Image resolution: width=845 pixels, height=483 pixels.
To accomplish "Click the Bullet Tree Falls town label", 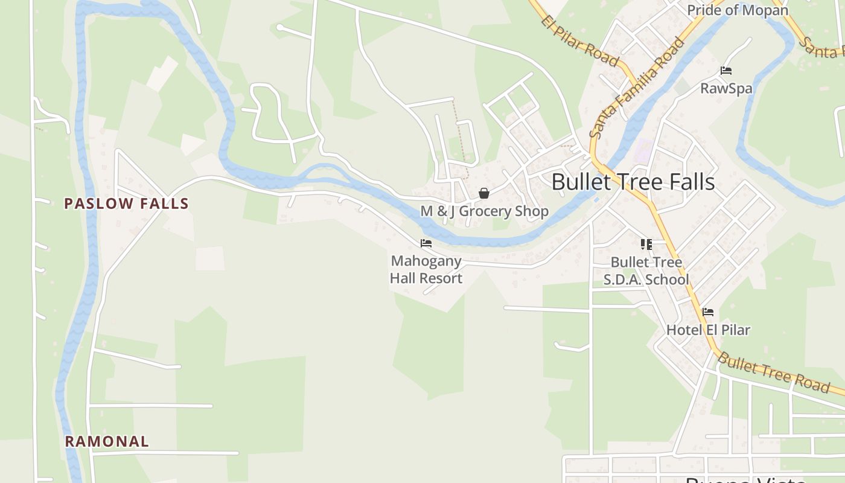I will tap(633, 182).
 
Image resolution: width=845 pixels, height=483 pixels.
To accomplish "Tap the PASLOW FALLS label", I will tap(127, 203).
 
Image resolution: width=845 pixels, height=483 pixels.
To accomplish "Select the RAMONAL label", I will tap(107, 441).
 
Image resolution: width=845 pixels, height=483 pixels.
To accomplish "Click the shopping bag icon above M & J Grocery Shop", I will tap(484, 193).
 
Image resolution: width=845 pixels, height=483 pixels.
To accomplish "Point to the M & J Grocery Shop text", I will tap(484, 211).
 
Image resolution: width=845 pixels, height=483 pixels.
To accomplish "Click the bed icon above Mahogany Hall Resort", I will tap(426, 243).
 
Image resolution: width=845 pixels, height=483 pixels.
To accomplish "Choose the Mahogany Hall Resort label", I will tap(426, 269).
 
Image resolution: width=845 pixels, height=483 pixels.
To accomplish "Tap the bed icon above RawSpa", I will tap(726, 71).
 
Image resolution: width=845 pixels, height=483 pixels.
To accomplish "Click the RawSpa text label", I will tap(726, 88).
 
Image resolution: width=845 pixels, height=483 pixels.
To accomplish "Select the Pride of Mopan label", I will tap(738, 10).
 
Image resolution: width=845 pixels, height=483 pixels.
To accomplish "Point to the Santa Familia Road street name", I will tap(638, 87).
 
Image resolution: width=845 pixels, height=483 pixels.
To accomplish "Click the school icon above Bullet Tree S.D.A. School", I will tap(646, 245).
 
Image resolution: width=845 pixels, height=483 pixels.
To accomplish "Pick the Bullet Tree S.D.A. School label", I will tap(646, 270).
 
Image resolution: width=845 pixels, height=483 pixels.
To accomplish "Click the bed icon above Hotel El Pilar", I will tap(708, 312).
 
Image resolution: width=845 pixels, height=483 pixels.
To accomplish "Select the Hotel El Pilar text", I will tap(708, 330).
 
